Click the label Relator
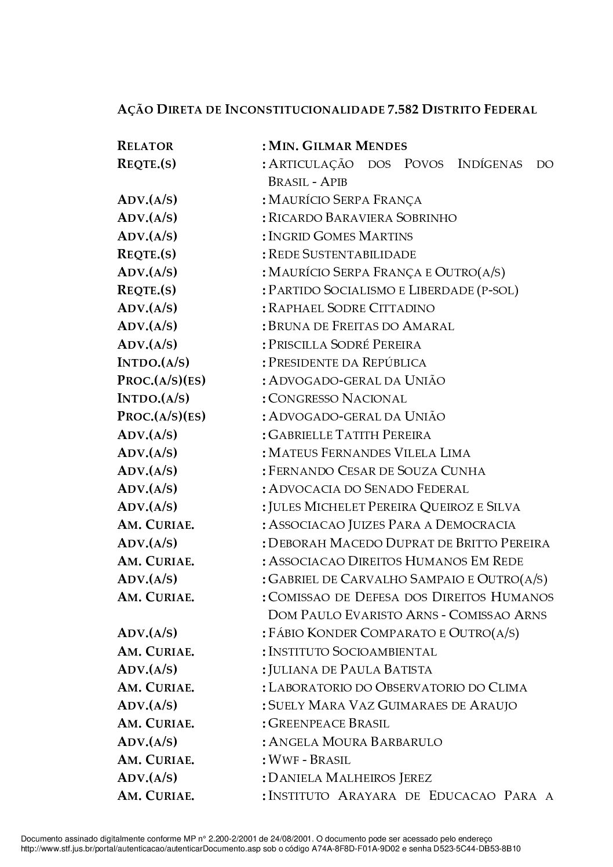(x=145, y=146)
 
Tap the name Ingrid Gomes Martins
(x=341, y=236)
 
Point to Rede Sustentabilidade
(x=342, y=254)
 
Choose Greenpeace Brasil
(x=329, y=723)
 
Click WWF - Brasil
(x=309, y=760)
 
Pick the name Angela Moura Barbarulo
(x=355, y=742)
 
